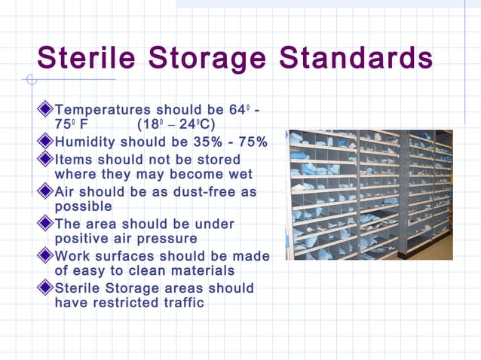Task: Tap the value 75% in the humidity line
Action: click(x=253, y=143)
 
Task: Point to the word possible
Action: click(x=84, y=206)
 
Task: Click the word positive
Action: click(x=82, y=239)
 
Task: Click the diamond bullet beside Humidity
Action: click(x=47, y=143)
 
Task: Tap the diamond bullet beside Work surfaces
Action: click(x=47, y=256)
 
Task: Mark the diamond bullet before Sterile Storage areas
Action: click(x=47, y=288)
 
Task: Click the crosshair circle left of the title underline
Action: click(x=30, y=80)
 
